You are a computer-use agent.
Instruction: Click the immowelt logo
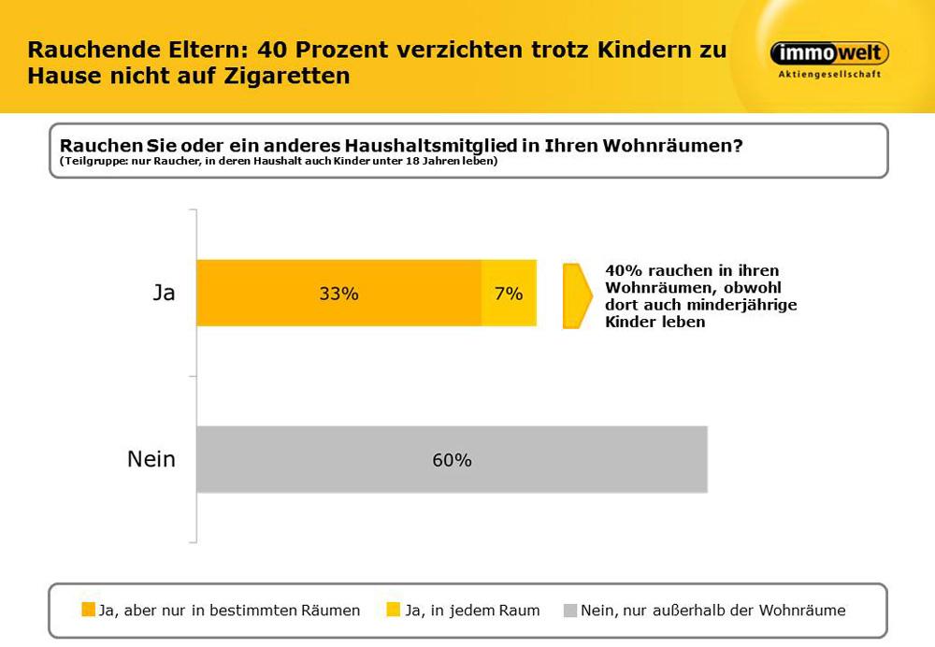point(828,53)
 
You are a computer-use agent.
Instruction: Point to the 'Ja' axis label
point(164,293)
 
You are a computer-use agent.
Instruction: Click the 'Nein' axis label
point(151,459)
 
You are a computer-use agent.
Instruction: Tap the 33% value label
point(338,294)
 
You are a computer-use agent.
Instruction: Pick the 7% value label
point(509,294)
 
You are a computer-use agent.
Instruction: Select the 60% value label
point(452,460)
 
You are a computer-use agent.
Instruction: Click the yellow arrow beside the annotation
point(576,296)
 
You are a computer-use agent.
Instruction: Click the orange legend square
point(88,611)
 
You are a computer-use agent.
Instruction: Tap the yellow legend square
point(394,611)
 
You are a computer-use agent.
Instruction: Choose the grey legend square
point(569,611)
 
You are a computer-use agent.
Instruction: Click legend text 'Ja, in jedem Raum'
point(472,611)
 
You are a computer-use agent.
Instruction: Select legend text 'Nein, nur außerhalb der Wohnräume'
point(712,611)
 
